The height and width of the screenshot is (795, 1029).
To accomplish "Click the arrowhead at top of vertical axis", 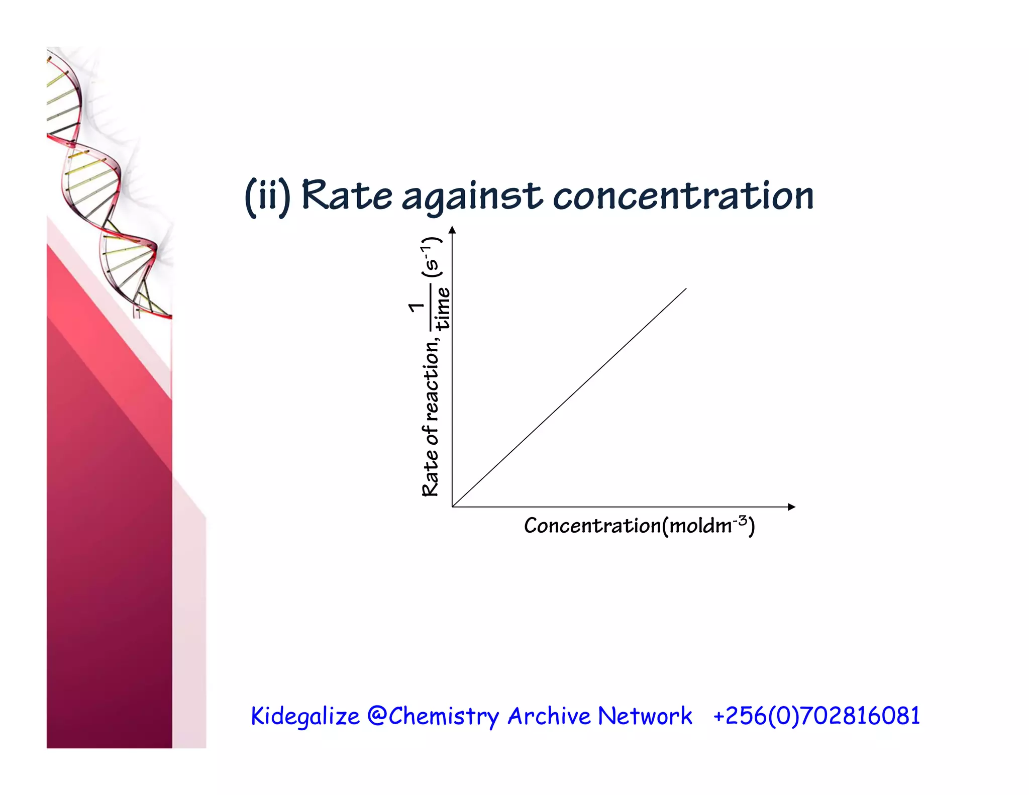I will click(x=452, y=230).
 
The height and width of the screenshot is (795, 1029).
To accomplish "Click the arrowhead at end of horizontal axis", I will click(x=791, y=507).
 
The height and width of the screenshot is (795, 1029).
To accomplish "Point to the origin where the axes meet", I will click(x=453, y=507).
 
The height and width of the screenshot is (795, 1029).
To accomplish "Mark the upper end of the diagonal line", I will click(x=686, y=289).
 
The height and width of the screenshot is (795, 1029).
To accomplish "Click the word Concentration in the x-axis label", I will click(x=592, y=526).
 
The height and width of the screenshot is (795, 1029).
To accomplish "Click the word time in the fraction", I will click(x=443, y=309).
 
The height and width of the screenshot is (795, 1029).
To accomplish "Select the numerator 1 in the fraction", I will click(x=417, y=307).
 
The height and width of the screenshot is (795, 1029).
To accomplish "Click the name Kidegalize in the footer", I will click(x=305, y=716).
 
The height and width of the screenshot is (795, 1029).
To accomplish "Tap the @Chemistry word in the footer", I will click(x=433, y=716).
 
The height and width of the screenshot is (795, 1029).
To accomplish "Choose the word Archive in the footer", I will click(x=549, y=716).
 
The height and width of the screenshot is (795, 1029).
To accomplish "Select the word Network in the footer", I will click(x=645, y=716).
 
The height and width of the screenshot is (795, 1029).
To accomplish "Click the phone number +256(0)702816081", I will click(x=816, y=716).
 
